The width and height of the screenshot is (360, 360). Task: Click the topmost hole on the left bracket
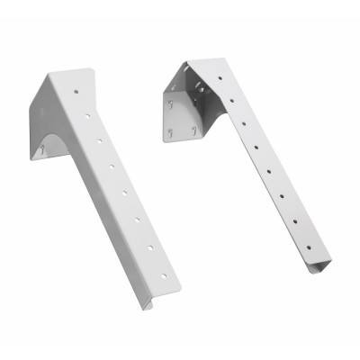point(76,92)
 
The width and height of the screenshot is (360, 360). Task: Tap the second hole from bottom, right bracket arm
point(294,221)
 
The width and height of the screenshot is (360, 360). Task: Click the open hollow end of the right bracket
point(318,267)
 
